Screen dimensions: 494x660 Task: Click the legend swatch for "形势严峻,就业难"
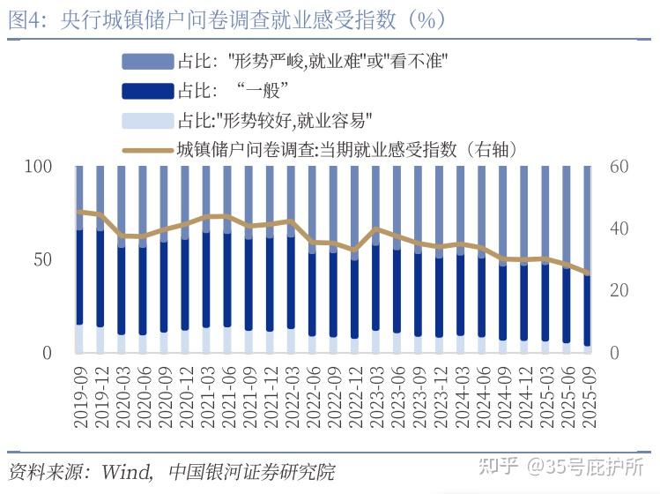147,62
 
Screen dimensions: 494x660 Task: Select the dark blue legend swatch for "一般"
147,91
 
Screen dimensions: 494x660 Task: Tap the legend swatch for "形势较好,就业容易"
147,120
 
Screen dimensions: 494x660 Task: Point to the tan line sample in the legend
147,149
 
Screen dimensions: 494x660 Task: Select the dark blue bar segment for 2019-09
79,278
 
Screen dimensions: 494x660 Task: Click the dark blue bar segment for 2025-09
587,309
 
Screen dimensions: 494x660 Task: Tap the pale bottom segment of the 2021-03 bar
206,341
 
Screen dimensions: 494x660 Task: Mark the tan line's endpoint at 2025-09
587,273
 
